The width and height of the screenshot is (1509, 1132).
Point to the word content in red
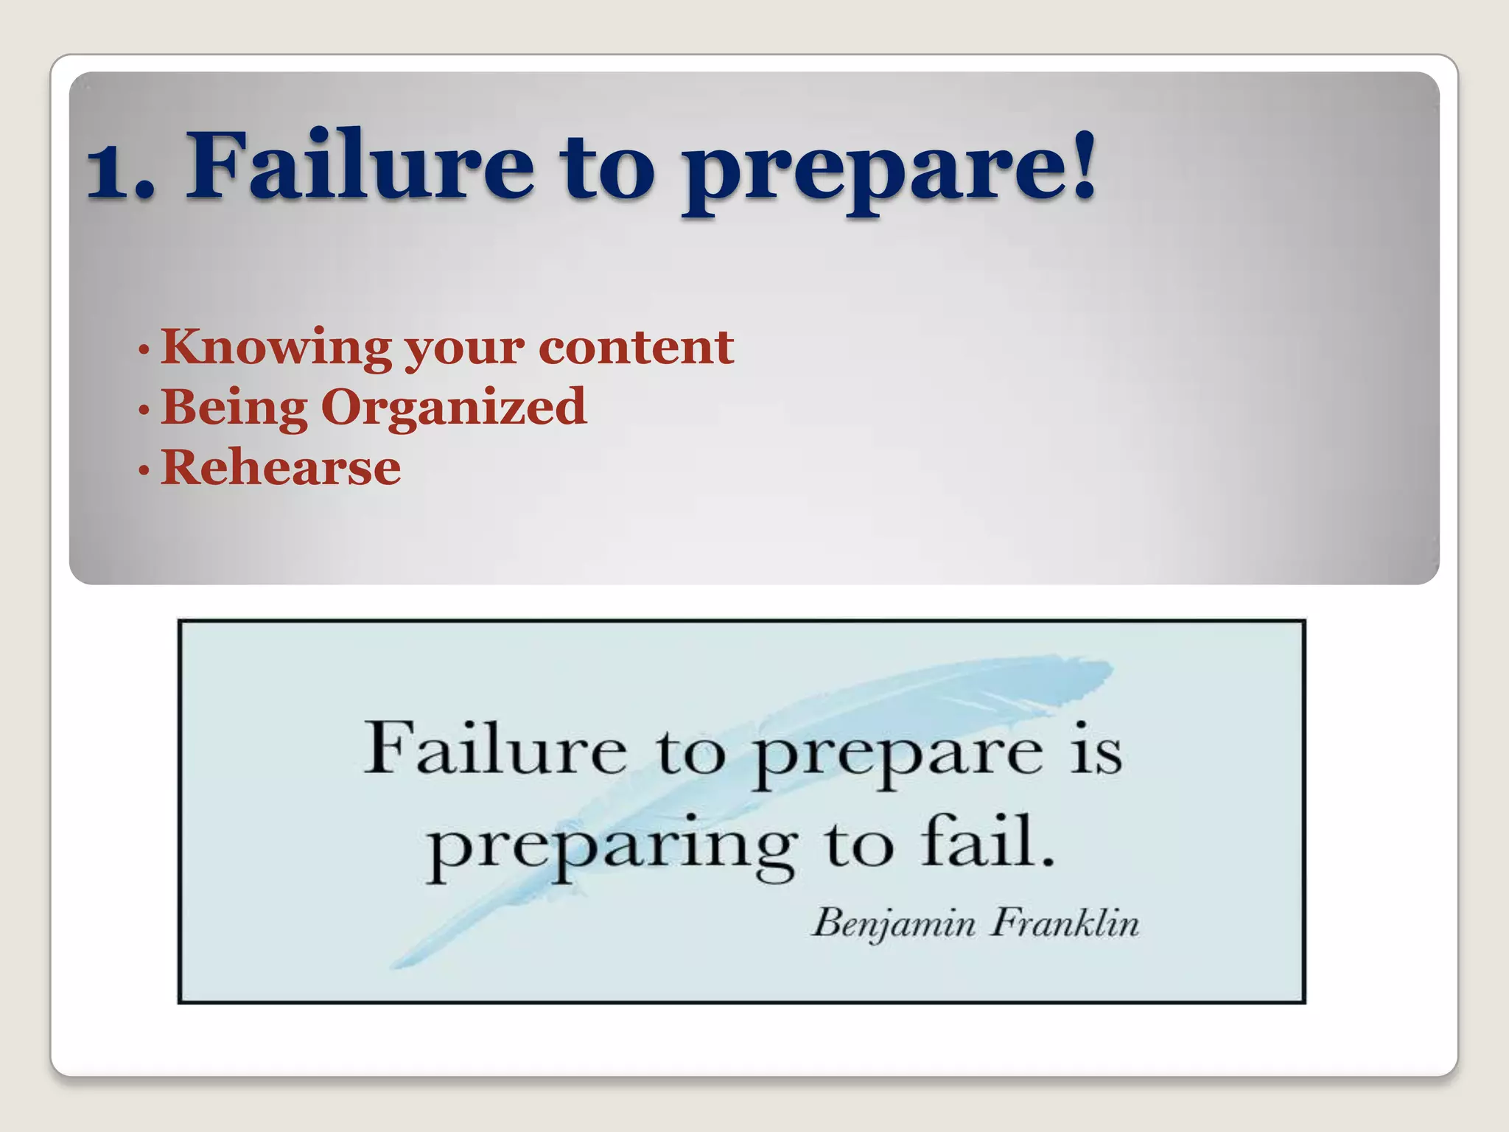click(x=636, y=346)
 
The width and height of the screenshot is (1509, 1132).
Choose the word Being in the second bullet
click(x=234, y=408)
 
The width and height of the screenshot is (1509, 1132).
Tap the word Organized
click(x=454, y=408)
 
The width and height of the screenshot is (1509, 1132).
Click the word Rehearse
click(x=281, y=467)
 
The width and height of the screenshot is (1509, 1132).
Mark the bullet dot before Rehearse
click(x=144, y=469)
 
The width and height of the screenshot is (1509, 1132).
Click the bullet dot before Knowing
click(x=144, y=349)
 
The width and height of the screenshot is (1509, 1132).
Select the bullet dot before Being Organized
click(x=144, y=409)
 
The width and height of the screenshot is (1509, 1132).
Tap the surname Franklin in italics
click(x=1064, y=923)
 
